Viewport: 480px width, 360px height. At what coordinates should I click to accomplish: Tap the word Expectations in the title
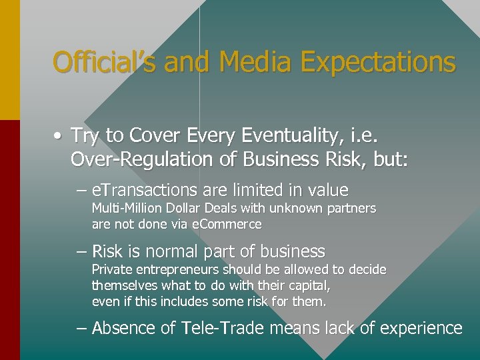(x=378, y=63)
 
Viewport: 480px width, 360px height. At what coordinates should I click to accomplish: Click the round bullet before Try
(x=59, y=136)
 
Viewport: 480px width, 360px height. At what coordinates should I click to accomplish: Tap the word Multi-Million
(x=123, y=208)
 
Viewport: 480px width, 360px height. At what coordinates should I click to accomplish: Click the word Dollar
(x=176, y=208)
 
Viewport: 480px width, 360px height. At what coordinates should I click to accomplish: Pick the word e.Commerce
(x=227, y=225)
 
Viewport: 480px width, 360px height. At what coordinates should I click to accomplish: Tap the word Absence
(x=127, y=328)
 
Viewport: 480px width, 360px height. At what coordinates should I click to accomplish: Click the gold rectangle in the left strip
(x=10, y=60)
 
